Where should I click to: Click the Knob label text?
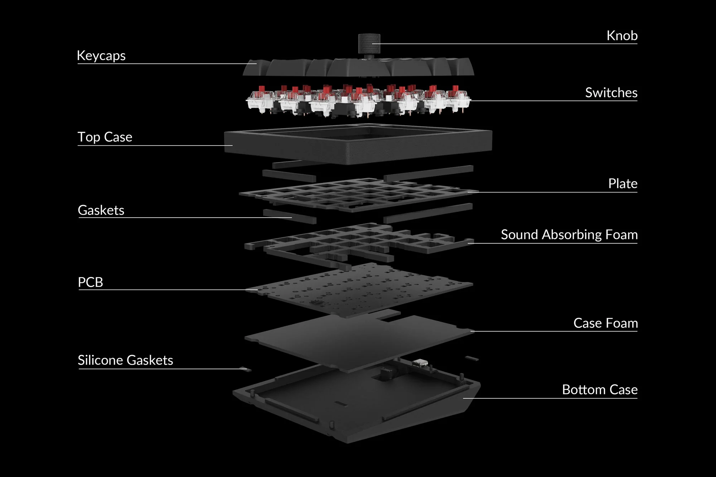pos(622,36)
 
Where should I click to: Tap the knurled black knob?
pos(369,44)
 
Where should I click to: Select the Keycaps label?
pos(101,56)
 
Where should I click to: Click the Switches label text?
pos(611,93)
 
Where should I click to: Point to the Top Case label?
pos(105,137)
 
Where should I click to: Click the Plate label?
pos(623,184)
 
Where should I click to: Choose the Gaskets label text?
pos(101,210)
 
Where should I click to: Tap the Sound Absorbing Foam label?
pos(569,235)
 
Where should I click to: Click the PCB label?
pos(91,282)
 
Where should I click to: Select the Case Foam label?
pos(605,323)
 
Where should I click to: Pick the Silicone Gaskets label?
pos(125,360)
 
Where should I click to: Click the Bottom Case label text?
pos(600,390)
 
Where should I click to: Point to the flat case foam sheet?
pos(358,342)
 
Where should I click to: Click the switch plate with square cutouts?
pos(358,195)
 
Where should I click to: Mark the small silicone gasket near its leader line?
pos(246,369)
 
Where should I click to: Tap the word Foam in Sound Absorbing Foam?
pos(621,235)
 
